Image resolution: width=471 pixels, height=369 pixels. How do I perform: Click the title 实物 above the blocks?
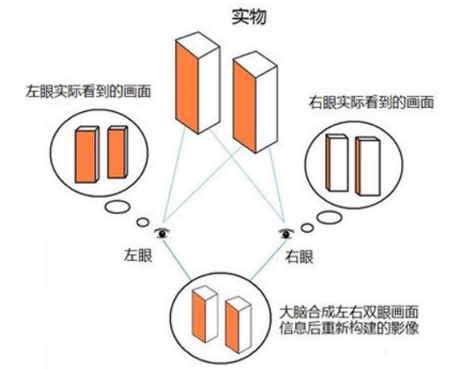[249, 16]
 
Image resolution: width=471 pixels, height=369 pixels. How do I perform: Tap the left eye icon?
[162, 233]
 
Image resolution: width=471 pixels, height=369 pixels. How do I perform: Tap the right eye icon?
[286, 234]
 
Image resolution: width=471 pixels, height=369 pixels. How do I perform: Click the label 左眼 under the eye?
[138, 256]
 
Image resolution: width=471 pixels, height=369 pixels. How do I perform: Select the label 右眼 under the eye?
[299, 257]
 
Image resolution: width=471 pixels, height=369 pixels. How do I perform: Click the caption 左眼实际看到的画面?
[89, 91]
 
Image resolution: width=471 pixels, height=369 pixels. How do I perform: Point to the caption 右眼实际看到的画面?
[372, 102]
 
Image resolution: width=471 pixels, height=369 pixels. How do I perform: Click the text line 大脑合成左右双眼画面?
[348, 312]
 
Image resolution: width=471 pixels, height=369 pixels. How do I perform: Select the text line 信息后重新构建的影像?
[348, 328]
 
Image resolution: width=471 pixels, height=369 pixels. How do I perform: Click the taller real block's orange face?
[187, 88]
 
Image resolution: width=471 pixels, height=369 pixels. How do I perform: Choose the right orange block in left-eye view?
[116, 153]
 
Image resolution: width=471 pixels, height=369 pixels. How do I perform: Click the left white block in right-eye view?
[337, 163]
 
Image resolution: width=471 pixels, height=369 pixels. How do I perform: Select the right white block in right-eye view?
[368, 166]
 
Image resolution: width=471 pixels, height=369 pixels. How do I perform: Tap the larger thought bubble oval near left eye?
[118, 207]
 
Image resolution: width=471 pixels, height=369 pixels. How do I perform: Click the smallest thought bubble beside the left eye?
[143, 222]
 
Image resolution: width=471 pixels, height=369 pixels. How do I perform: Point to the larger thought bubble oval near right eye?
[330, 218]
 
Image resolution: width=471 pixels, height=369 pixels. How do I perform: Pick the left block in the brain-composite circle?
[205, 314]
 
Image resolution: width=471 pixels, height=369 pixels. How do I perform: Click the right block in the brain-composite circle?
[239, 325]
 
